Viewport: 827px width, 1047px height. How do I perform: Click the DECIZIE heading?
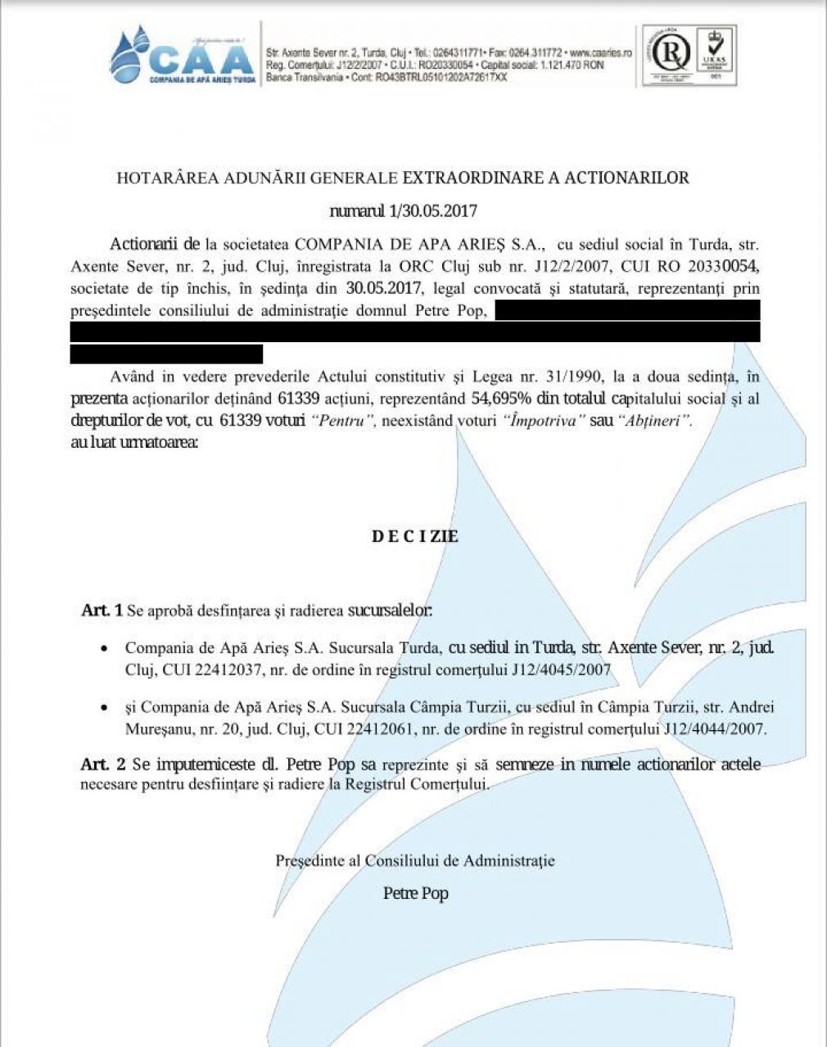pyautogui.click(x=415, y=537)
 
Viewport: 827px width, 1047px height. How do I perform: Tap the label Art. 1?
pyautogui.click(x=102, y=611)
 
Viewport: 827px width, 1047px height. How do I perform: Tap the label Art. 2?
pyautogui.click(x=103, y=765)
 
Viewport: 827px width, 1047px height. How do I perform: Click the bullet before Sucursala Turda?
pyautogui.click(x=104, y=648)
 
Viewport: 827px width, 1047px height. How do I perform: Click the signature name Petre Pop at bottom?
pyautogui.click(x=415, y=893)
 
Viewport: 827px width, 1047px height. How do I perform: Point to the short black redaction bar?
pyautogui.click(x=166, y=354)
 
